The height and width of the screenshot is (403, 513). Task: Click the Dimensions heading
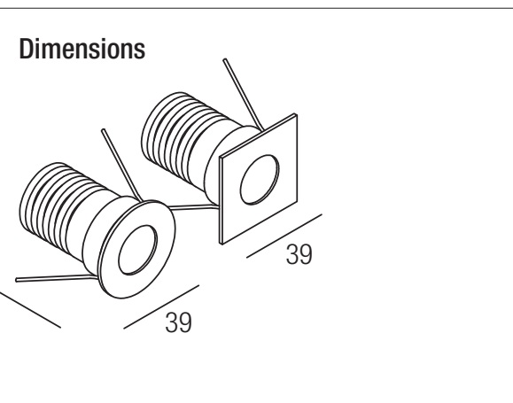[82, 49]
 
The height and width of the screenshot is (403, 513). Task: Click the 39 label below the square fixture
[299, 254]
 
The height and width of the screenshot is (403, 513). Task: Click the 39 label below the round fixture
[179, 323]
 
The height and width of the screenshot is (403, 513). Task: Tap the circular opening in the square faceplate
[260, 180]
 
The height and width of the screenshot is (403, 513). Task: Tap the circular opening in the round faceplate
[137, 250]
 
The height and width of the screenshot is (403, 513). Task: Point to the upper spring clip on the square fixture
[243, 94]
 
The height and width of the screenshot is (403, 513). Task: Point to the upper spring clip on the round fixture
[121, 165]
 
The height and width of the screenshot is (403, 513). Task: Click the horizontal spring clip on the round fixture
[57, 278]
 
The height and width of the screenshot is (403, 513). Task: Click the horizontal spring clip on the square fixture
[193, 206]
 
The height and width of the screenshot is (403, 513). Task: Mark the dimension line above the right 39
[284, 236]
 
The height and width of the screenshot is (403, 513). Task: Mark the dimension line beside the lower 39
[161, 306]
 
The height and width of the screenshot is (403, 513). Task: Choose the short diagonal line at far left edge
[30, 310]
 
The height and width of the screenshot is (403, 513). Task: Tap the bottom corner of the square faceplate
[222, 244]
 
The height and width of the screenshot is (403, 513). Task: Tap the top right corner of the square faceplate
[297, 114]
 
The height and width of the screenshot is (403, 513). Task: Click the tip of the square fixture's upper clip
[224, 60]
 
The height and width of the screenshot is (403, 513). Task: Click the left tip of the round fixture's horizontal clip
[17, 280]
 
